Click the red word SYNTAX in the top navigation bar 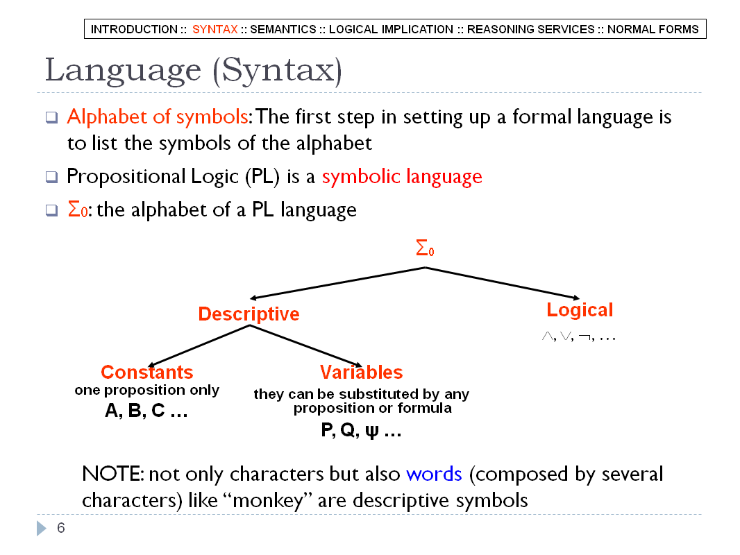pos(215,29)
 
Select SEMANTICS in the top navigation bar pos(283,29)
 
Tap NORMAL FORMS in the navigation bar pos(653,29)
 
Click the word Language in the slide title pos(123,71)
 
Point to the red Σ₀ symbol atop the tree pos(425,248)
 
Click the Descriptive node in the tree pos(249,314)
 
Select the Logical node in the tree pos(580,310)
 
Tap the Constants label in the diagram pos(146,372)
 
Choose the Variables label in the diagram pos(361,372)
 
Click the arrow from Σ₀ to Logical pos(502,283)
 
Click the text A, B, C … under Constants pos(146,411)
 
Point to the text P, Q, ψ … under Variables pos(361,430)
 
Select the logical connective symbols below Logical pos(578,336)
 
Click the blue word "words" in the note pos(434,474)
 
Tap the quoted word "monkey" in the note pos(269,500)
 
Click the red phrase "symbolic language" pos(402,177)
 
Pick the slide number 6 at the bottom pos(61,528)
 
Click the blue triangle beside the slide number pos(42,528)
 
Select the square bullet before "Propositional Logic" pos(51,178)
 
